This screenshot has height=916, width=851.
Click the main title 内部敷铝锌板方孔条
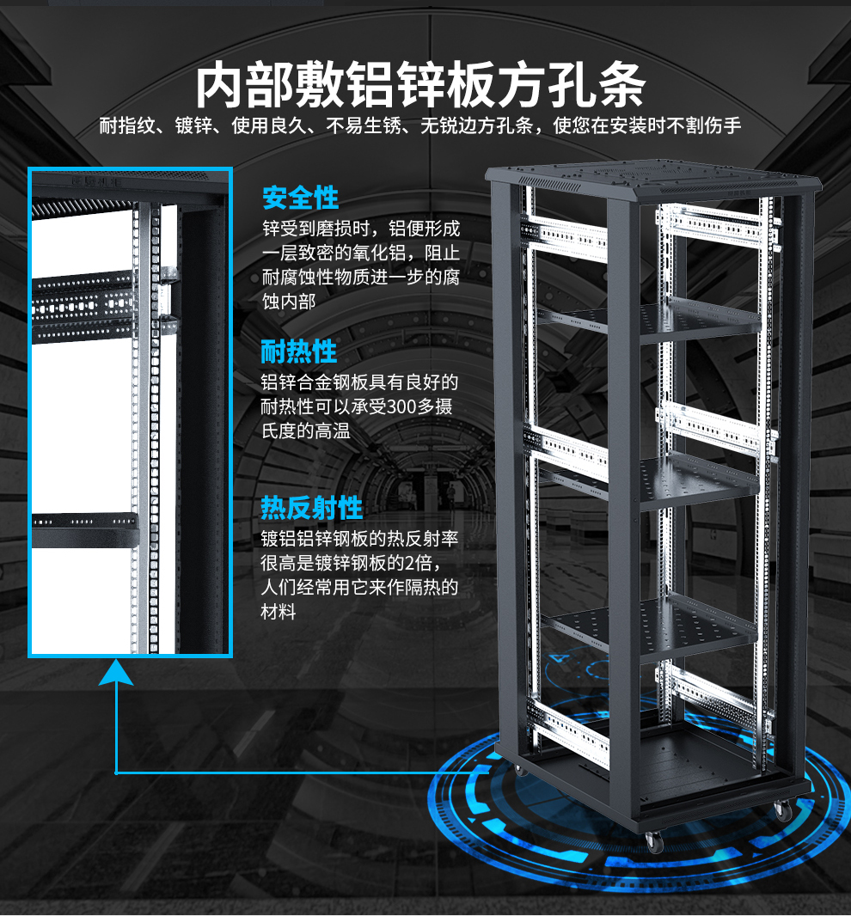tap(420, 85)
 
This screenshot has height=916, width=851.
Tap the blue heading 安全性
tap(300, 198)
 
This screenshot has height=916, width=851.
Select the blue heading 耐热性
tap(298, 351)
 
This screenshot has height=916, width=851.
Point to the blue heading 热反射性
tap(311, 508)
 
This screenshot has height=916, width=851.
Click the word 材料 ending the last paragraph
tap(279, 612)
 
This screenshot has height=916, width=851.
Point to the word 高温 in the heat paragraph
tap(333, 431)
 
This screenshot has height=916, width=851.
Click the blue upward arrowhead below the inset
tap(116, 672)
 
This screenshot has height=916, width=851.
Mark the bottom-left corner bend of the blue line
tap(116, 772)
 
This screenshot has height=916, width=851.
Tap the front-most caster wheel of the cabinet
tap(655, 842)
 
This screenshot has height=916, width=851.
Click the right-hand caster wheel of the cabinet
tap(782, 811)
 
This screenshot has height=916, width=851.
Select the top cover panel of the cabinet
tap(653, 178)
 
